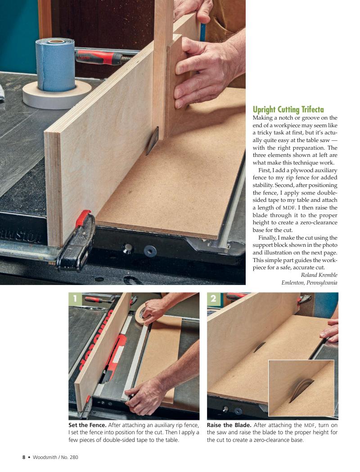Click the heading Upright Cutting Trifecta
pos(288,109)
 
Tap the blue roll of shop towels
pos(55,64)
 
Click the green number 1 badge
pos(75,298)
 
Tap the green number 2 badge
pos(213,298)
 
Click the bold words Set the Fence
pos(87,425)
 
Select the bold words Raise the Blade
pos(229,425)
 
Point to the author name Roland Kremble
pos(319,275)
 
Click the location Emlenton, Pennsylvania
pos(310,283)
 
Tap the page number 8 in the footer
pos(24,457)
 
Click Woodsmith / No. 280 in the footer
pos(55,457)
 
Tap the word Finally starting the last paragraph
pos(266,238)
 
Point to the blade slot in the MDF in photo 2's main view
pos(259,347)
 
